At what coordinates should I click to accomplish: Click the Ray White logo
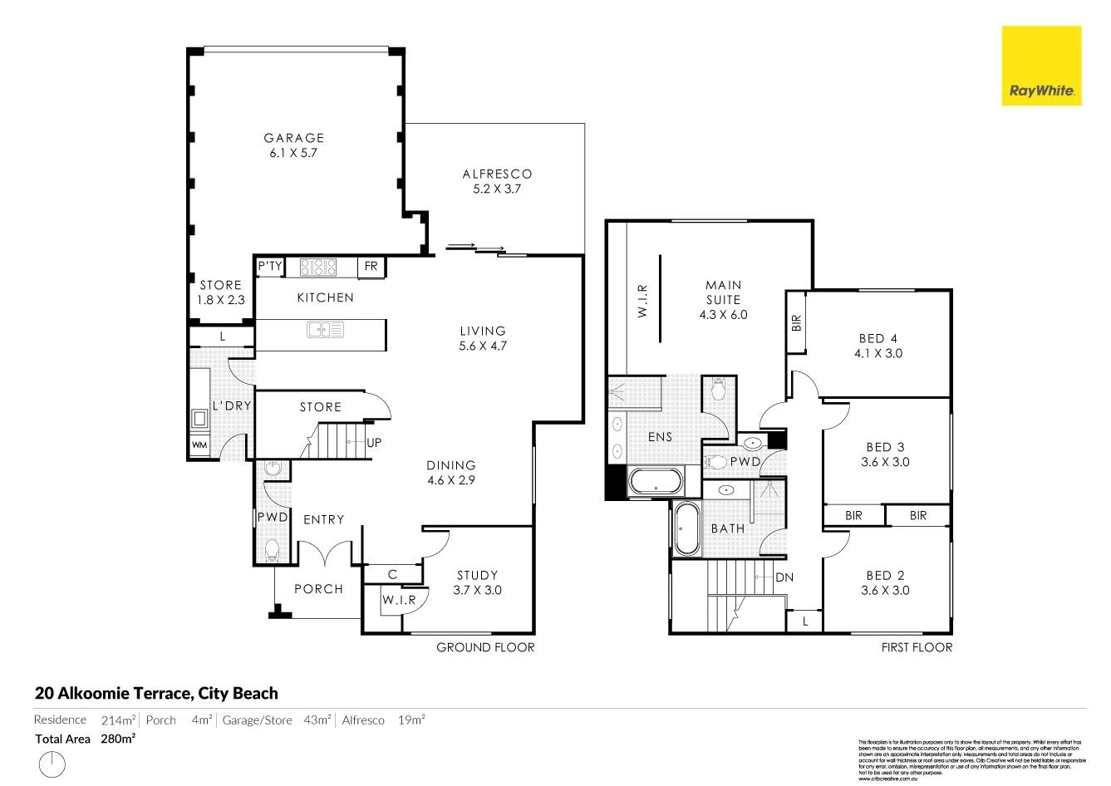point(1041,66)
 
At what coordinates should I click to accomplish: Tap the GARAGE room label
point(294,138)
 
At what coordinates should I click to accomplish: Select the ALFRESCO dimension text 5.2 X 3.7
point(497,189)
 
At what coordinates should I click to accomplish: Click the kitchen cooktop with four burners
point(318,268)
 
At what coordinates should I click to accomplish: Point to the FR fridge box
point(371,267)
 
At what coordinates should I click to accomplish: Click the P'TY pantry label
point(270,267)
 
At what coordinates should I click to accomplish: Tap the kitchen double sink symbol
point(325,331)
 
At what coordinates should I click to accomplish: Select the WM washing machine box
point(199,445)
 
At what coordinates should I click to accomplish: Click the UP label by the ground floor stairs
point(374,443)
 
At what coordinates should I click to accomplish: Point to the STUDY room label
point(477,575)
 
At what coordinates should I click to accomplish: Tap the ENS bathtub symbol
point(656,482)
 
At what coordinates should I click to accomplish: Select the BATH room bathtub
point(687,529)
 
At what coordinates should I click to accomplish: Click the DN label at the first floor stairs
point(784,577)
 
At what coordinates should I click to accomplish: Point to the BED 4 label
point(877,338)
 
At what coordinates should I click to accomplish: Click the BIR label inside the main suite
point(797,322)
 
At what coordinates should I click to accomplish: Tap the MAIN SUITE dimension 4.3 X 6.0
point(723,315)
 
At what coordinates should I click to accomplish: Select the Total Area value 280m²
point(118,739)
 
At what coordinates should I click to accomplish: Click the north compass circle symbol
point(52,764)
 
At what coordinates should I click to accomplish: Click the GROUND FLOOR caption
point(485,647)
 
